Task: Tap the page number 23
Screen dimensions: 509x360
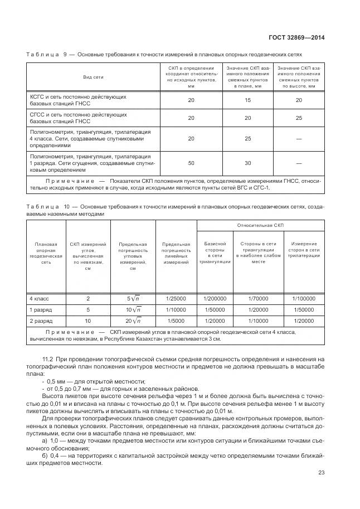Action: (x=321, y=473)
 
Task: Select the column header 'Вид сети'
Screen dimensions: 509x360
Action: (x=94, y=77)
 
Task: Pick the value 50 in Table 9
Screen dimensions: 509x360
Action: (x=191, y=163)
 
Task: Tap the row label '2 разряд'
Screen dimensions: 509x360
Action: (x=40, y=321)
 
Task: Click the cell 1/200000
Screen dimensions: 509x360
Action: (x=215, y=298)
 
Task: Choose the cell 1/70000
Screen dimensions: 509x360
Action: (x=258, y=298)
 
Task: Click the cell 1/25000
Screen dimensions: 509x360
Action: (x=176, y=298)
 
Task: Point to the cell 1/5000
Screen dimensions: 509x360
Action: (x=176, y=321)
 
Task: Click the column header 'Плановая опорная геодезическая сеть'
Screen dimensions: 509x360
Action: (x=46, y=253)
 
